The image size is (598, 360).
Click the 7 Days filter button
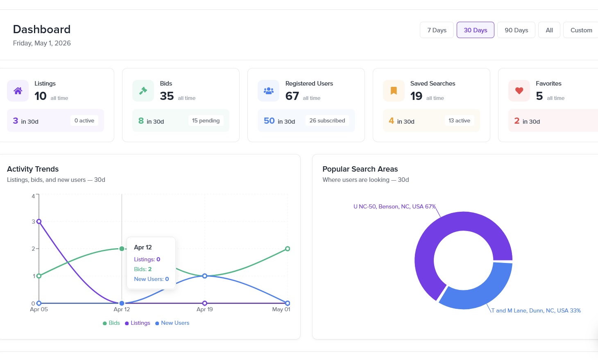tap(437, 30)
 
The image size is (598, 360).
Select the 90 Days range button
tap(516, 30)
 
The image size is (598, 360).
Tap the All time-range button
tap(549, 30)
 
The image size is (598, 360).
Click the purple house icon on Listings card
tap(18, 91)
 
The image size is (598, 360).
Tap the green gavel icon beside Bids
tap(143, 91)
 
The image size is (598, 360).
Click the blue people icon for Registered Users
tap(269, 91)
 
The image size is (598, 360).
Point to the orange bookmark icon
tap(394, 91)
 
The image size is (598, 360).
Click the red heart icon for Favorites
tap(519, 91)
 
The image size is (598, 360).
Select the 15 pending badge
tap(206, 121)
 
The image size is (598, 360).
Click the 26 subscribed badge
tap(327, 121)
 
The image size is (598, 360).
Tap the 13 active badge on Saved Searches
tap(459, 121)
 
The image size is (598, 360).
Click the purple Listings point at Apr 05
tap(39, 221)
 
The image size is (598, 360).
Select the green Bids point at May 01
tap(288, 249)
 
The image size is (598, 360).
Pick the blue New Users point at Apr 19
tap(205, 276)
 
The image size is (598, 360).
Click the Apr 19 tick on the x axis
tap(205, 309)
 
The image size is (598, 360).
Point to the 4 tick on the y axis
tap(33, 196)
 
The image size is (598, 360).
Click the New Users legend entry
tap(172, 323)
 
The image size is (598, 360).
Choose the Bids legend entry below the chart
tap(111, 323)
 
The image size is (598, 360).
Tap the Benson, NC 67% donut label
tap(394, 206)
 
